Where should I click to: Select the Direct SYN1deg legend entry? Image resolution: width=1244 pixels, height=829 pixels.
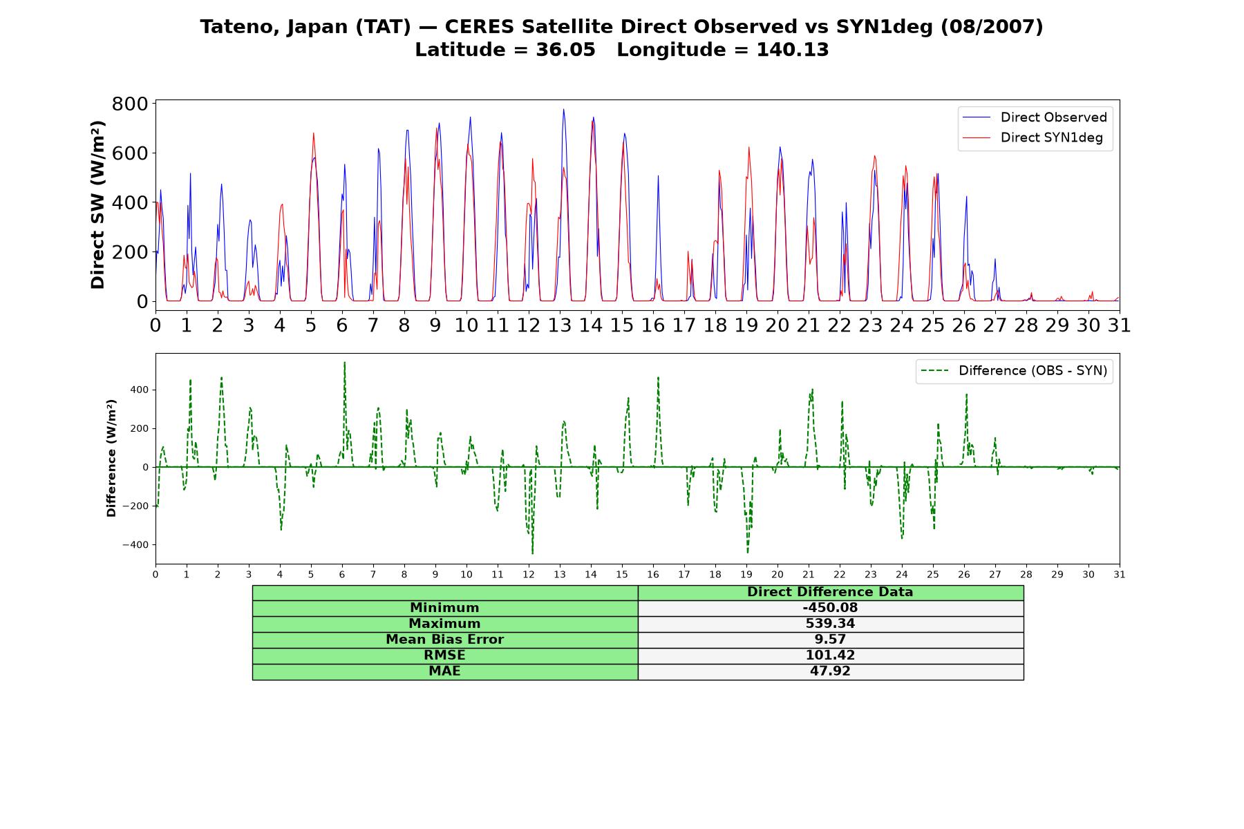(x=1033, y=137)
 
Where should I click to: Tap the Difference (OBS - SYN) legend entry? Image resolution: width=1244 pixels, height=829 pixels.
(x=1014, y=371)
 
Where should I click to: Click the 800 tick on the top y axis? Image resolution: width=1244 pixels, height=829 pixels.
(x=130, y=104)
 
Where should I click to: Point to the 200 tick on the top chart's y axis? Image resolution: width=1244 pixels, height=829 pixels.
(x=130, y=252)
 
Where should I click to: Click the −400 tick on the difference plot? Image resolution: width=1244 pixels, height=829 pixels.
(x=135, y=544)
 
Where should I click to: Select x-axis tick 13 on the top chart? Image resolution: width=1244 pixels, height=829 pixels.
(x=560, y=325)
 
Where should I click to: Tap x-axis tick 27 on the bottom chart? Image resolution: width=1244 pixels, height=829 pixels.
(x=995, y=574)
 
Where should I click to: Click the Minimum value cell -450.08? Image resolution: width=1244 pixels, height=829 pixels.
(x=830, y=608)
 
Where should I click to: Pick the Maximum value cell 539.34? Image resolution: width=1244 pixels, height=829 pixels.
(x=830, y=624)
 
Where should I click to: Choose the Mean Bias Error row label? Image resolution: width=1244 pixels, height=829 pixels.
(x=444, y=640)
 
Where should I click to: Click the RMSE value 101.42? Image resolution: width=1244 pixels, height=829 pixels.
(x=830, y=656)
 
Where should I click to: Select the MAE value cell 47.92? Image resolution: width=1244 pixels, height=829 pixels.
(x=830, y=671)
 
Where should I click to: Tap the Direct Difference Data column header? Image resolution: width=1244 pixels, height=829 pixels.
(x=830, y=592)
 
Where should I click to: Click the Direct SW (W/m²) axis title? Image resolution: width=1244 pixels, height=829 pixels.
(x=97, y=204)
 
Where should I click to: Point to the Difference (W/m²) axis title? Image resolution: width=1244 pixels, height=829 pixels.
(x=111, y=458)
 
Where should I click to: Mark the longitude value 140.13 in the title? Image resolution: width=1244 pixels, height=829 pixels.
(x=793, y=50)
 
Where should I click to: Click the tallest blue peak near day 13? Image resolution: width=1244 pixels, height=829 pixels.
(x=563, y=109)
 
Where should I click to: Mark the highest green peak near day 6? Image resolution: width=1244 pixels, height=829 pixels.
(x=344, y=362)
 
